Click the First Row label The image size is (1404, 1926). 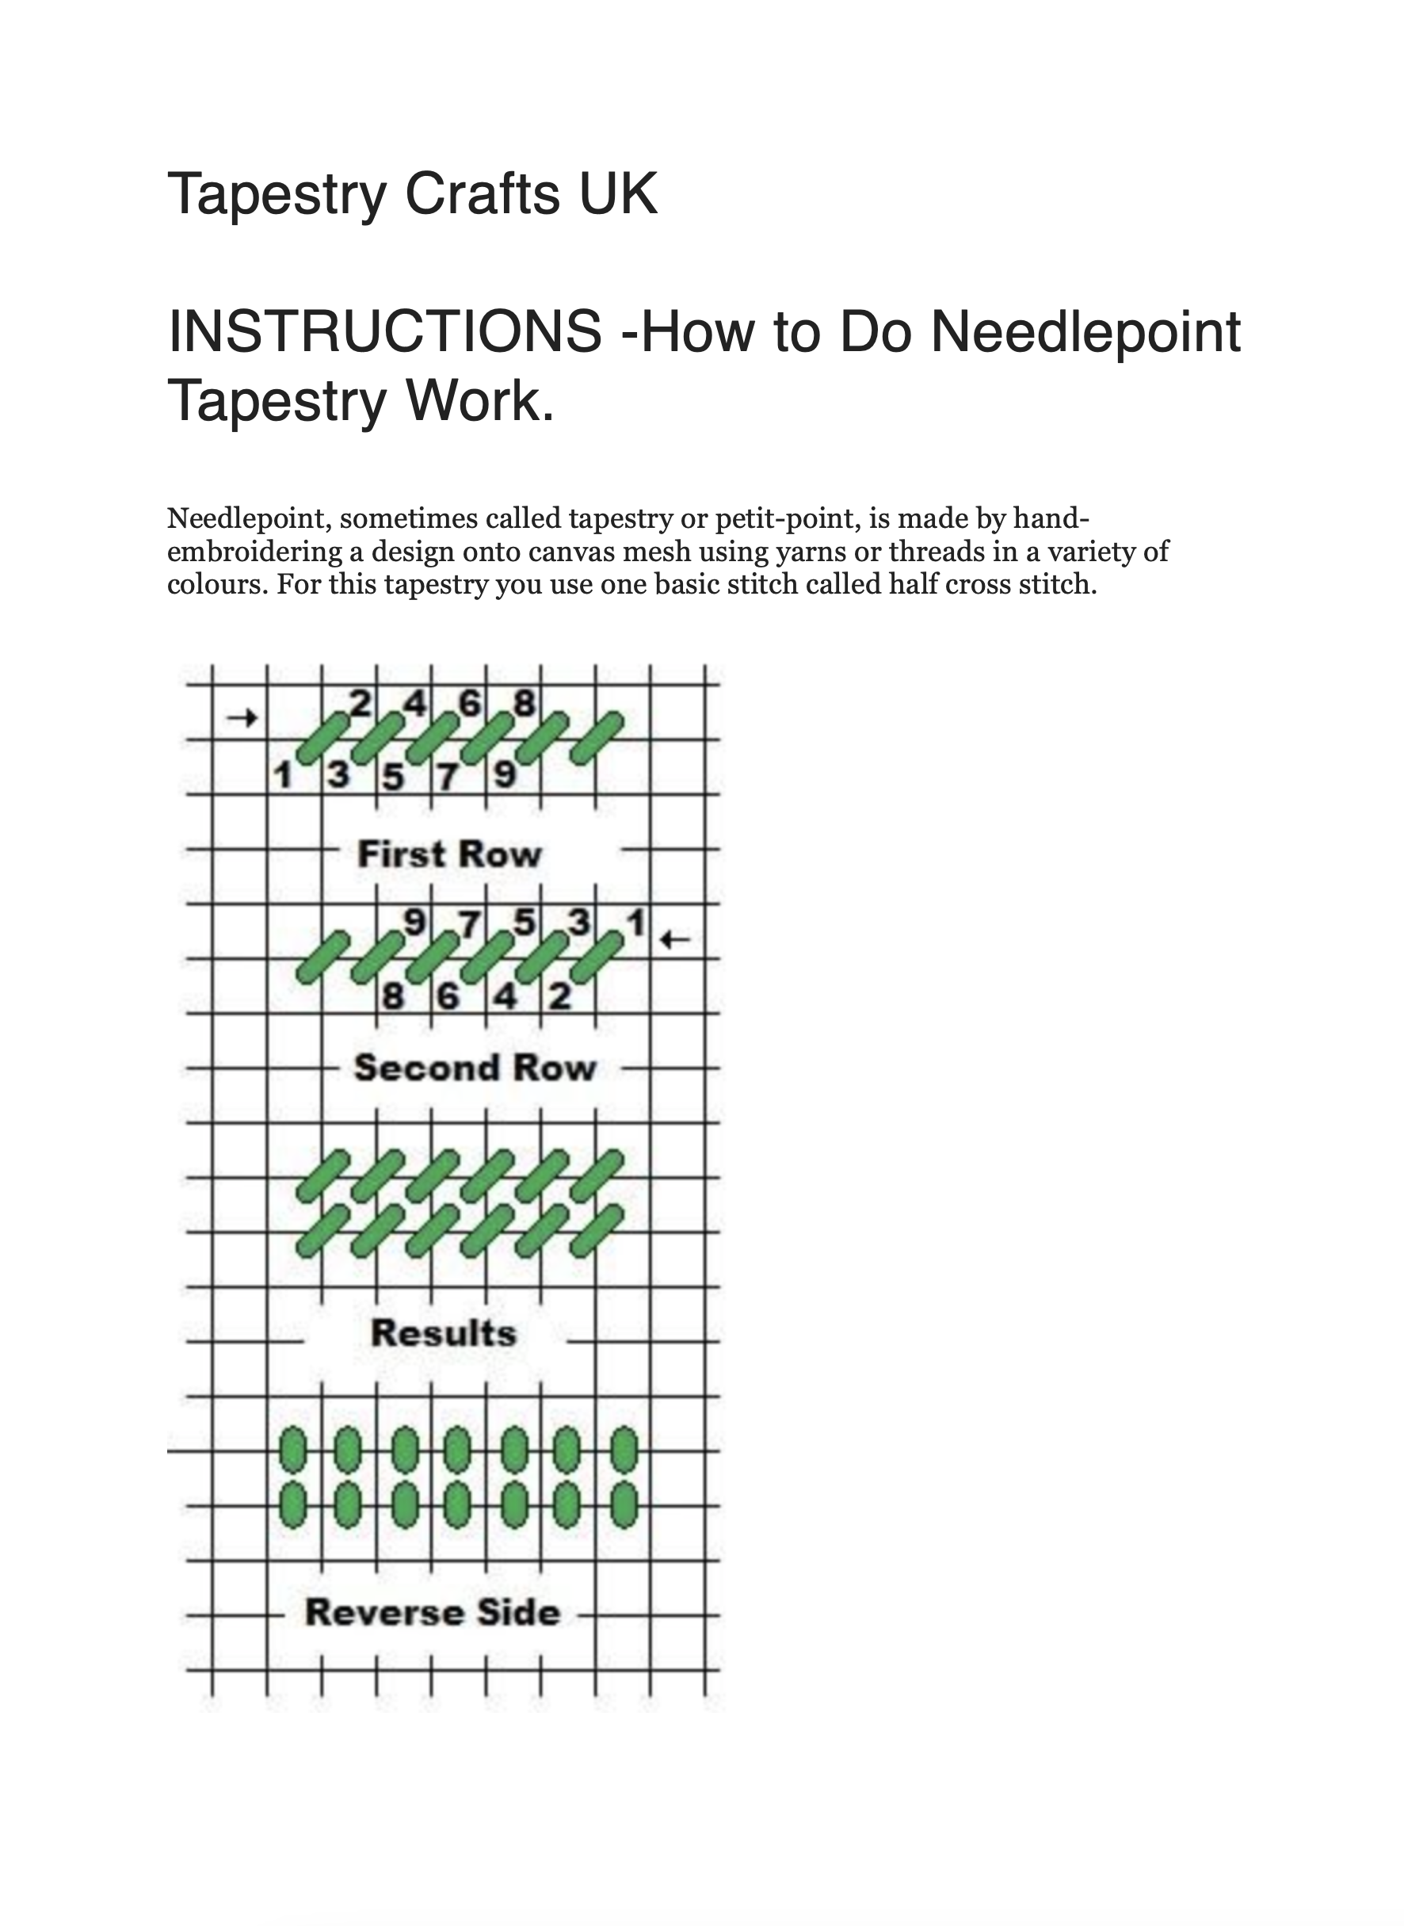point(448,854)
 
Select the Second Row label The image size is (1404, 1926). point(475,1068)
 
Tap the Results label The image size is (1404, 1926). point(444,1332)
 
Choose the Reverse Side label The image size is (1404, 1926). point(433,1612)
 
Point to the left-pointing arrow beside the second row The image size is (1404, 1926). point(675,939)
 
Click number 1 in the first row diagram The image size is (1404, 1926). point(283,775)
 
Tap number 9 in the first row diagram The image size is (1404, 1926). point(505,775)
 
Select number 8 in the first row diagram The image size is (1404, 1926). point(525,703)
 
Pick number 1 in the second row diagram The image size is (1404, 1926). point(635,923)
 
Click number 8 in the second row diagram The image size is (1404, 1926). point(393,995)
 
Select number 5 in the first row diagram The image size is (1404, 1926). point(393,775)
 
